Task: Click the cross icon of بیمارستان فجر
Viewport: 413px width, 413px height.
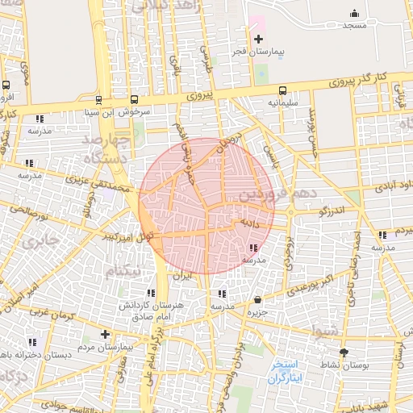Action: click(x=258, y=39)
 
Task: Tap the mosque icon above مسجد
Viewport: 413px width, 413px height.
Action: click(x=354, y=13)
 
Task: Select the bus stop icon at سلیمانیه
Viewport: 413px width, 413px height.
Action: click(x=282, y=90)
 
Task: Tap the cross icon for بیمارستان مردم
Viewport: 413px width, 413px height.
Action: click(x=104, y=334)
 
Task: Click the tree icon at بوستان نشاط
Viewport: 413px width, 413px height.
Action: click(x=345, y=353)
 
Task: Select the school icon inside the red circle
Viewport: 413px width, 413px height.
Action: click(x=253, y=248)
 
